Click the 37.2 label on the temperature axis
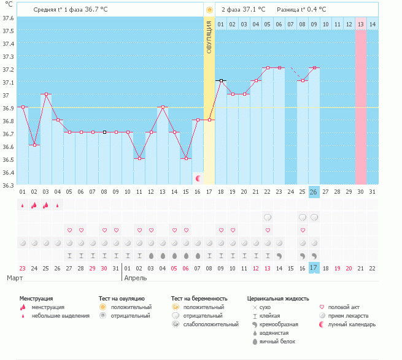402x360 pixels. point(8,69)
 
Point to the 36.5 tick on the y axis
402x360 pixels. point(8,159)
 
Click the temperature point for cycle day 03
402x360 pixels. point(47,94)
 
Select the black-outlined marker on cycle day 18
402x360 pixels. point(222,81)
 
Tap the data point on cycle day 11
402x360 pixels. point(139,159)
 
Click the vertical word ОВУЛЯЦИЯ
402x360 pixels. point(209,37)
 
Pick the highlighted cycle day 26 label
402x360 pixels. point(314,192)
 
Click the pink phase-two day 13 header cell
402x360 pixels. point(361,24)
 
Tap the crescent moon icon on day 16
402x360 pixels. point(198,178)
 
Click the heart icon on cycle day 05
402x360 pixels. point(69,230)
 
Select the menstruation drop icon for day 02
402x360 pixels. point(34,205)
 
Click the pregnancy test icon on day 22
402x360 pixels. point(268,218)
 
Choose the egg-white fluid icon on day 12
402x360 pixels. point(151,256)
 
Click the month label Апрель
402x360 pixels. point(136,278)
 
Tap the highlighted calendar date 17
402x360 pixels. point(314,268)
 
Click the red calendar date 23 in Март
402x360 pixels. point(23,268)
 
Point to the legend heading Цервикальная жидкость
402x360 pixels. point(278,299)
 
